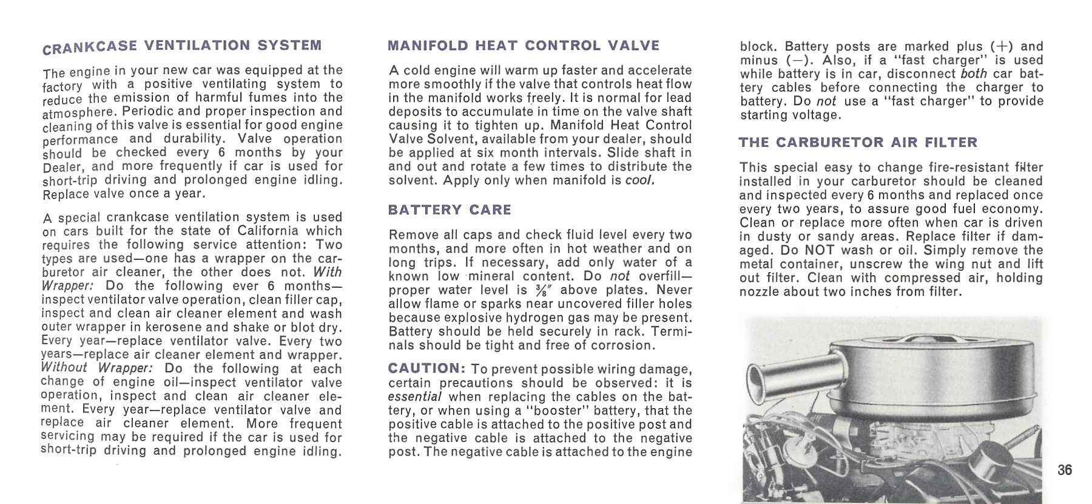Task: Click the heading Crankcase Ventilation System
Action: [x=182, y=46]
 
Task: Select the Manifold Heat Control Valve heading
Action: [x=523, y=46]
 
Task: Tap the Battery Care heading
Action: [x=450, y=210]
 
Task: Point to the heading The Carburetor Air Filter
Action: [x=858, y=143]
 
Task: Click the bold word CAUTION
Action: [x=426, y=369]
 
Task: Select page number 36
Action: [x=1064, y=470]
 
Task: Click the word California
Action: [x=268, y=231]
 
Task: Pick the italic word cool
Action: [x=639, y=180]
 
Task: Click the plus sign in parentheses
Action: [x=1002, y=47]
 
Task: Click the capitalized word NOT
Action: [x=819, y=250]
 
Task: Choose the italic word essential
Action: [x=415, y=397]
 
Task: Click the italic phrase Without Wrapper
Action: [x=96, y=368]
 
